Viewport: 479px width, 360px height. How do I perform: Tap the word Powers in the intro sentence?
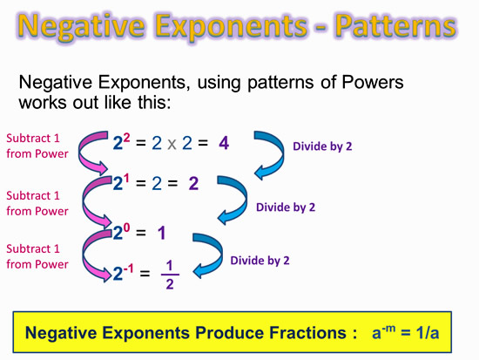[373, 83]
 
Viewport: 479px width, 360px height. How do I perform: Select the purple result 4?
[224, 143]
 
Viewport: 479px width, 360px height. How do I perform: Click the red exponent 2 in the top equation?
[126, 138]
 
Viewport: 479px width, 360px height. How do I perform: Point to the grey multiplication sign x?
[172, 144]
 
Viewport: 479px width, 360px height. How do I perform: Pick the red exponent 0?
[126, 228]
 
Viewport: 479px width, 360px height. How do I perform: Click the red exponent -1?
[128, 268]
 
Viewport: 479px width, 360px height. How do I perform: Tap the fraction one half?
[170, 275]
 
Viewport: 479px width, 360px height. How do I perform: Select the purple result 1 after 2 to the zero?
[162, 233]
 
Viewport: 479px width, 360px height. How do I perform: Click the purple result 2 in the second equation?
[193, 184]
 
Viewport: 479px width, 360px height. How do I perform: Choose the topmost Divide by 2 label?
[322, 146]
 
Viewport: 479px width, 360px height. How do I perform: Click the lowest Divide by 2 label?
[260, 261]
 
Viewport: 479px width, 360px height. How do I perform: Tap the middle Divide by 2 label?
[286, 207]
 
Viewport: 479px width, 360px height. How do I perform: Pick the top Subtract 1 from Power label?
[37, 146]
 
